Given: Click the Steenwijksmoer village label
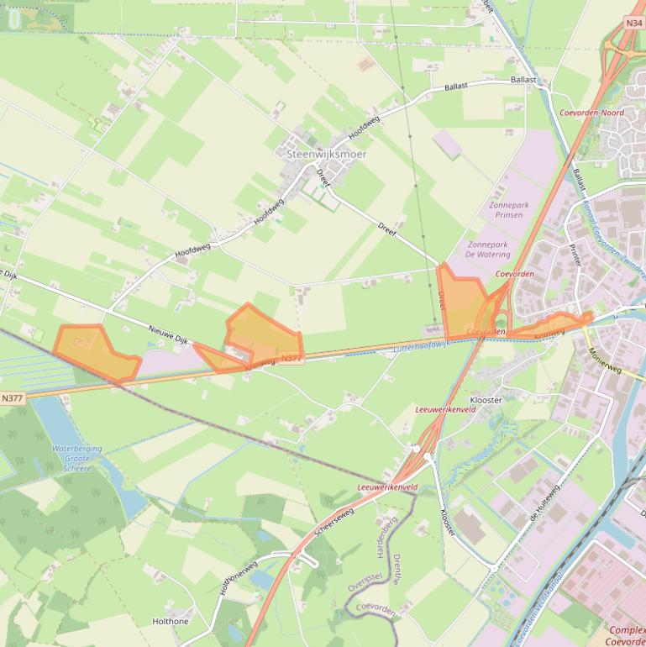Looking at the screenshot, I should [315, 155].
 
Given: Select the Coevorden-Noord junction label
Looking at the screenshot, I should [591, 113].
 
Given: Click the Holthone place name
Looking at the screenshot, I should [170, 622].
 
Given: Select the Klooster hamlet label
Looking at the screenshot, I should [486, 401].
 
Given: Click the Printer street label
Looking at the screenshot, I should [575, 255].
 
